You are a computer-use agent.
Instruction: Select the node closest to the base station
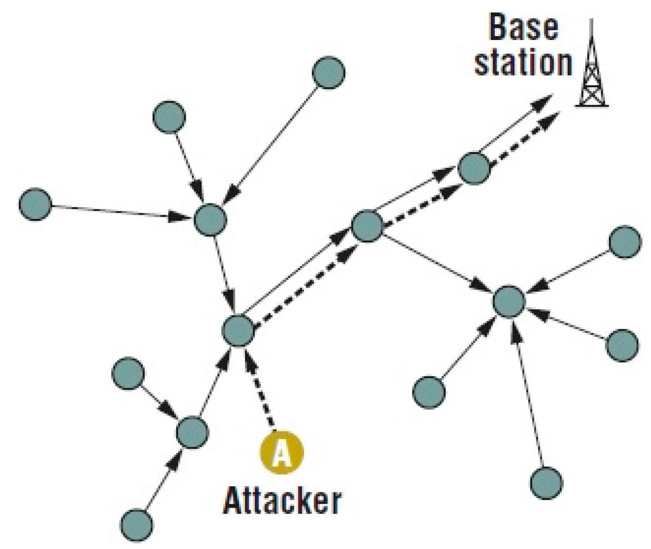[x=474, y=168]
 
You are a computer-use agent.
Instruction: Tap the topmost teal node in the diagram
[x=329, y=72]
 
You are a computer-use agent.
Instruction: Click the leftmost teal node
[x=35, y=204]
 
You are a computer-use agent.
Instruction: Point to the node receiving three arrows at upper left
[x=209, y=219]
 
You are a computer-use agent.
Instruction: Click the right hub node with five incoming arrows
[x=509, y=301]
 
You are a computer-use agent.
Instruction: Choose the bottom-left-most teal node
[x=137, y=524]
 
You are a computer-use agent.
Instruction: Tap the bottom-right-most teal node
[x=546, y=482]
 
